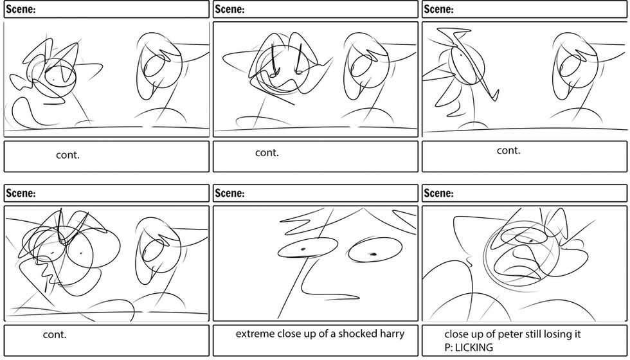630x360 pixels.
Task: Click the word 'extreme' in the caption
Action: click(255, 334)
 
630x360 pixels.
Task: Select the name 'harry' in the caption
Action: click(391, 334)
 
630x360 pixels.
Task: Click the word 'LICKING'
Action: click(475, 348)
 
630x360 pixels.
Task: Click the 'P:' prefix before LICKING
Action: click(449, 348)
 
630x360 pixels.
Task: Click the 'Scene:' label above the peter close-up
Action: click(439, 193)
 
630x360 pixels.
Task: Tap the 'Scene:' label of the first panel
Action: click(21, 9)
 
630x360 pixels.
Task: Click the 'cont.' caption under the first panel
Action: click(68, 156)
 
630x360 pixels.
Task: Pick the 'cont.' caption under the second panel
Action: click(267, 152)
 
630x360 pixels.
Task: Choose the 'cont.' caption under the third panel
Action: click(509, 150)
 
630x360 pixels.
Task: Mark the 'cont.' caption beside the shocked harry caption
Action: click(55, 334)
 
